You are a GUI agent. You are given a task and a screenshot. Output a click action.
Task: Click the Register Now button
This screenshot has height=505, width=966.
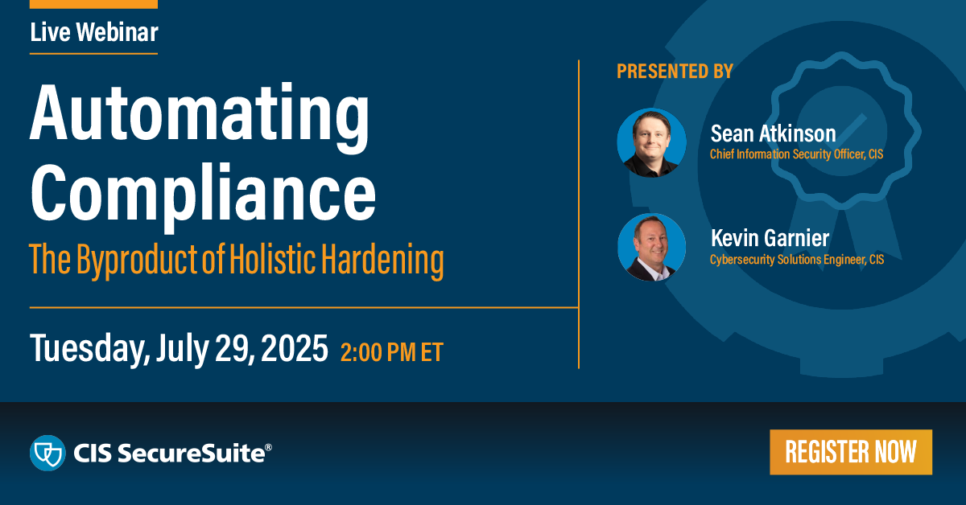[x=850, y=452]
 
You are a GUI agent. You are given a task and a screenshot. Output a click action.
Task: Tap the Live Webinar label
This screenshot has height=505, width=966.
[x=93, y=32]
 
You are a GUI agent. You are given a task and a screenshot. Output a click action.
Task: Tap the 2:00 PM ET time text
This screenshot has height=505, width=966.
[x=391, y=352]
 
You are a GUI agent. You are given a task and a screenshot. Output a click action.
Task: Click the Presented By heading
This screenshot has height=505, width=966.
[x=675, y=72]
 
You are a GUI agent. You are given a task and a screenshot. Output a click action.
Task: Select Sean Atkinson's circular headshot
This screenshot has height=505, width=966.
[x=651, y=142]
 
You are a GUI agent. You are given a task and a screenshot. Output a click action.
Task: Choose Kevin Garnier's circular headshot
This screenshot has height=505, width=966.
[x=651, y=247]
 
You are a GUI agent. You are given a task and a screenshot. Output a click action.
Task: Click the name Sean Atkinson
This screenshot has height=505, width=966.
[x=773, y=133]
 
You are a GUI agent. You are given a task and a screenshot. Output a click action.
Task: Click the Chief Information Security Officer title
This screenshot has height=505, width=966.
[x=796, y=154]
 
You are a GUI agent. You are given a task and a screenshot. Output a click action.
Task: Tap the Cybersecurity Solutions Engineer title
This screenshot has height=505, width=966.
[x=796, y=259]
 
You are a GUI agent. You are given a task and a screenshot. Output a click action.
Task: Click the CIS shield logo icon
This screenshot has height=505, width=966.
[x=47, y=453]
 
